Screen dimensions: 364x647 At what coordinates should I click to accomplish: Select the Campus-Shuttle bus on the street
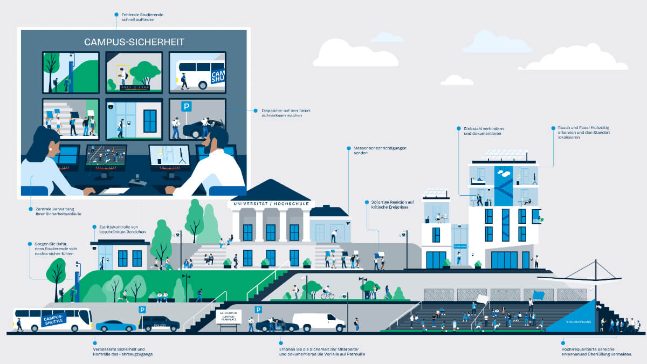tap(52, 319)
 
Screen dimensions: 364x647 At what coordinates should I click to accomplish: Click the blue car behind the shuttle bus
tap(116, 326)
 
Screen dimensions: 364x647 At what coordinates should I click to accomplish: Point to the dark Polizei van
tap(159, 324)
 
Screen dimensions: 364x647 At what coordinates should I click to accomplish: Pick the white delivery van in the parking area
tap(318, 321)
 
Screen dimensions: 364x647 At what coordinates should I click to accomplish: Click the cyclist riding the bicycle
tap(327, 294)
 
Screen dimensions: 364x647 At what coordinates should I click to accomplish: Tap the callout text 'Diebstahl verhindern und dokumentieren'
tap(483, 131)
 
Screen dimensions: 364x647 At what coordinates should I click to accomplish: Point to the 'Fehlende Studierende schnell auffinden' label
tap(138, 17)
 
